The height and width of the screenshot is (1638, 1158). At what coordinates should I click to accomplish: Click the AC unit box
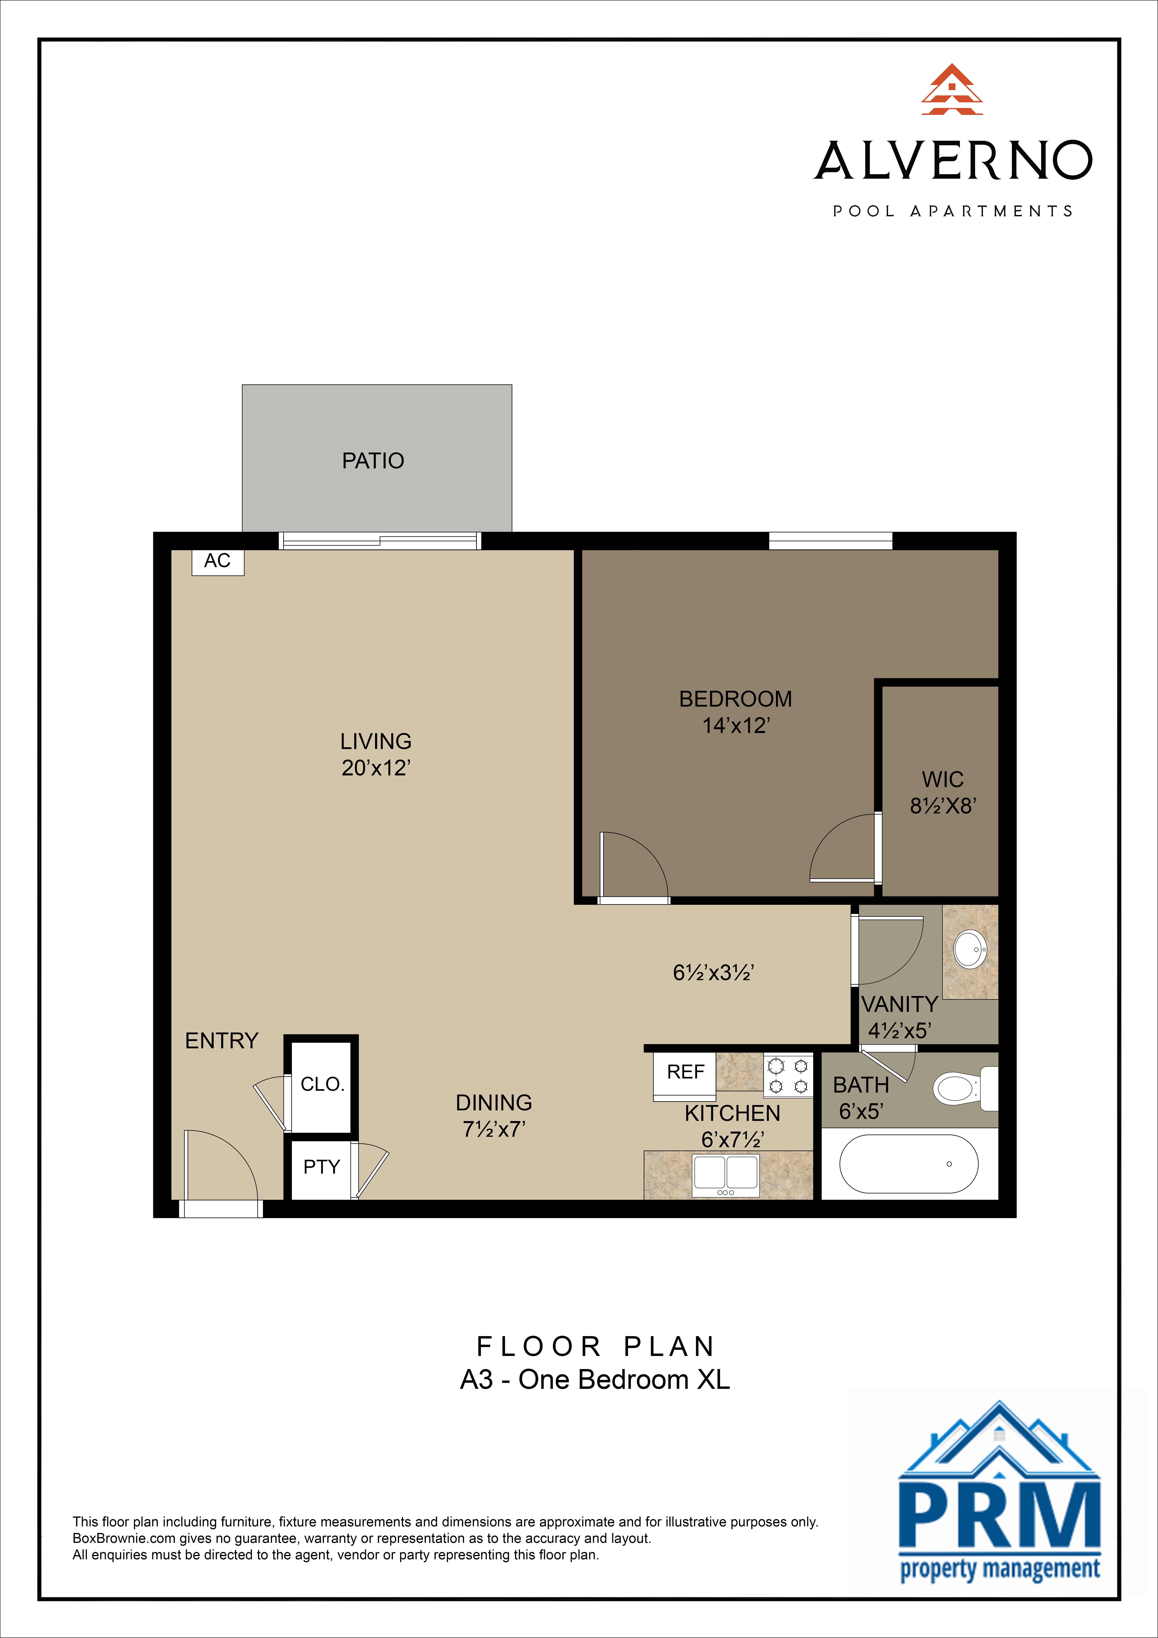(218, 562)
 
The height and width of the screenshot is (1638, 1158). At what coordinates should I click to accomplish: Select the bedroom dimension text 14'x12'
(736, 725)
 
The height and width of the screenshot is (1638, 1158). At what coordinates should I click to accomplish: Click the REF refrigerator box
(685, 1072)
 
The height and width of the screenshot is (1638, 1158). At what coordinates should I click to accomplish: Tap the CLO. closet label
(322, 1084)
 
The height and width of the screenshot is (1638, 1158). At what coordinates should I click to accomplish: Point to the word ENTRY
(221, 1041)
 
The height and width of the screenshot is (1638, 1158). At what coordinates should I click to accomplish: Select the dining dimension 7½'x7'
(494, 1129)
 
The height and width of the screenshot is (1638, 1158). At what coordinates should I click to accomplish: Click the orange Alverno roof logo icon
(952, 90)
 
